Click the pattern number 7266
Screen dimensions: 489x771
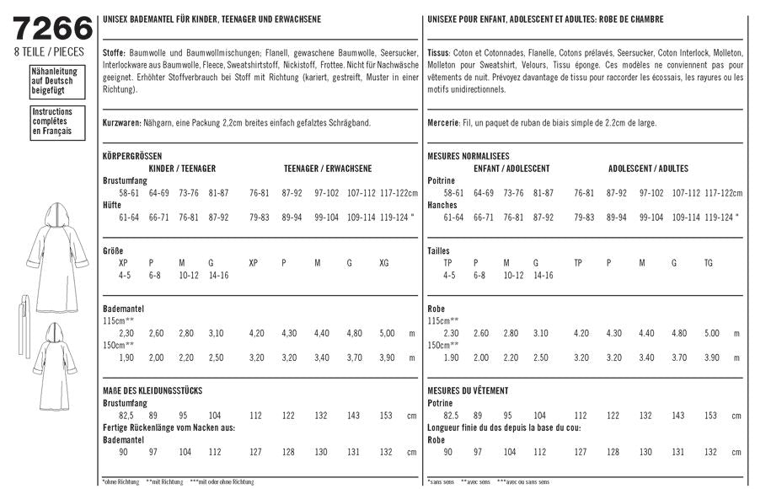point(53,28)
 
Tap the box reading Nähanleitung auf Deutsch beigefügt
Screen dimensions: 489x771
point(51,80)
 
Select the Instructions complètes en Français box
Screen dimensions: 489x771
point(51,121)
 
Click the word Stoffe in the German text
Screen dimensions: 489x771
point(113,52)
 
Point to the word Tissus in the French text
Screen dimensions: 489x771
point(439,52)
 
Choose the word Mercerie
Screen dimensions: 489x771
point(443,123)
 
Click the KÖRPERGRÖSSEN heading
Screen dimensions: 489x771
point(131,157)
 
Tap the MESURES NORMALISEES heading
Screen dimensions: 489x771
point(468,157)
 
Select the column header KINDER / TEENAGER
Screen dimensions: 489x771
point(182,169)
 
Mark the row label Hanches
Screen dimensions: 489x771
point(442,205)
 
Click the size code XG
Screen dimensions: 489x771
point(386,263)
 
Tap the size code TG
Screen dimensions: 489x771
point(708,263)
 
